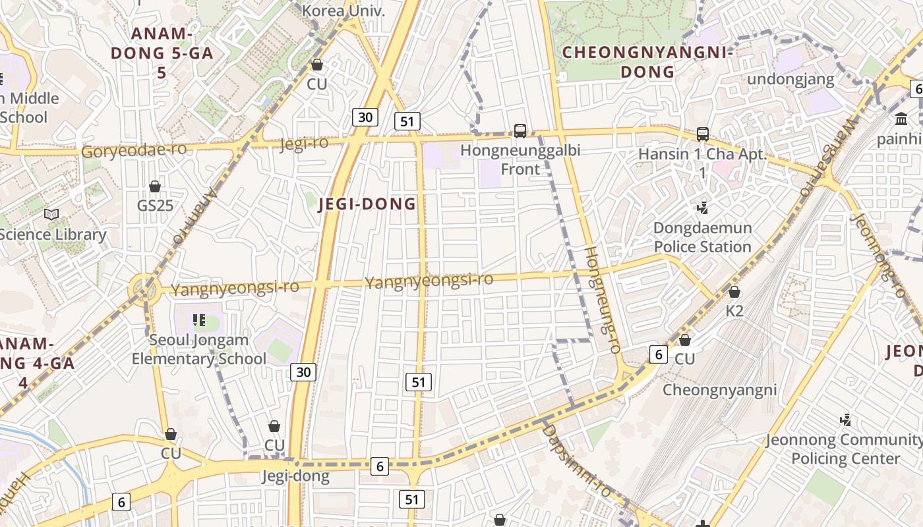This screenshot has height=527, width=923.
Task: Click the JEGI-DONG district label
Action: tap(367, 204)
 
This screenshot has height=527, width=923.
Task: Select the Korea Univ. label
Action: tap(343, 11)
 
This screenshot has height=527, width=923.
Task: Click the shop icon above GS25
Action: tap(155, 187)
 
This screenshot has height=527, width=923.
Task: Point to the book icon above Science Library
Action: tap(51, 215)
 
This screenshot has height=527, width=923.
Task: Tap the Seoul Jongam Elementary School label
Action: tap(198, 350)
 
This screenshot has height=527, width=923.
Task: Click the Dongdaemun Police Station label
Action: tap(702, 237)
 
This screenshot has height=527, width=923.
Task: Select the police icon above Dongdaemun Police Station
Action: tap(702, 209)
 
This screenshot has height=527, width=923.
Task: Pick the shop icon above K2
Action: tap(734, 292)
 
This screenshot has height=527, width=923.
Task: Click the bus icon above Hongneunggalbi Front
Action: tap(520, 131)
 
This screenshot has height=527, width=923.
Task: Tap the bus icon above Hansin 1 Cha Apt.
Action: tap(703, 134)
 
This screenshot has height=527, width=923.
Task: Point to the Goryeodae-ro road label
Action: tap(134, 150)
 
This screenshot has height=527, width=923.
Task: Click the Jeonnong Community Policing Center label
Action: tap(844, 449)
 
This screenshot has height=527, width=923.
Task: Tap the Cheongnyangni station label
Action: tap(720, 389)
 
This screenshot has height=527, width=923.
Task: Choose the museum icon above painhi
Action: tap(901, 119)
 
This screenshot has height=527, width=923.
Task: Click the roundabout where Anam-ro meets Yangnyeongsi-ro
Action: tap(144, 289)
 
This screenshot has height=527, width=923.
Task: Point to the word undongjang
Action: tap(791, 80)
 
